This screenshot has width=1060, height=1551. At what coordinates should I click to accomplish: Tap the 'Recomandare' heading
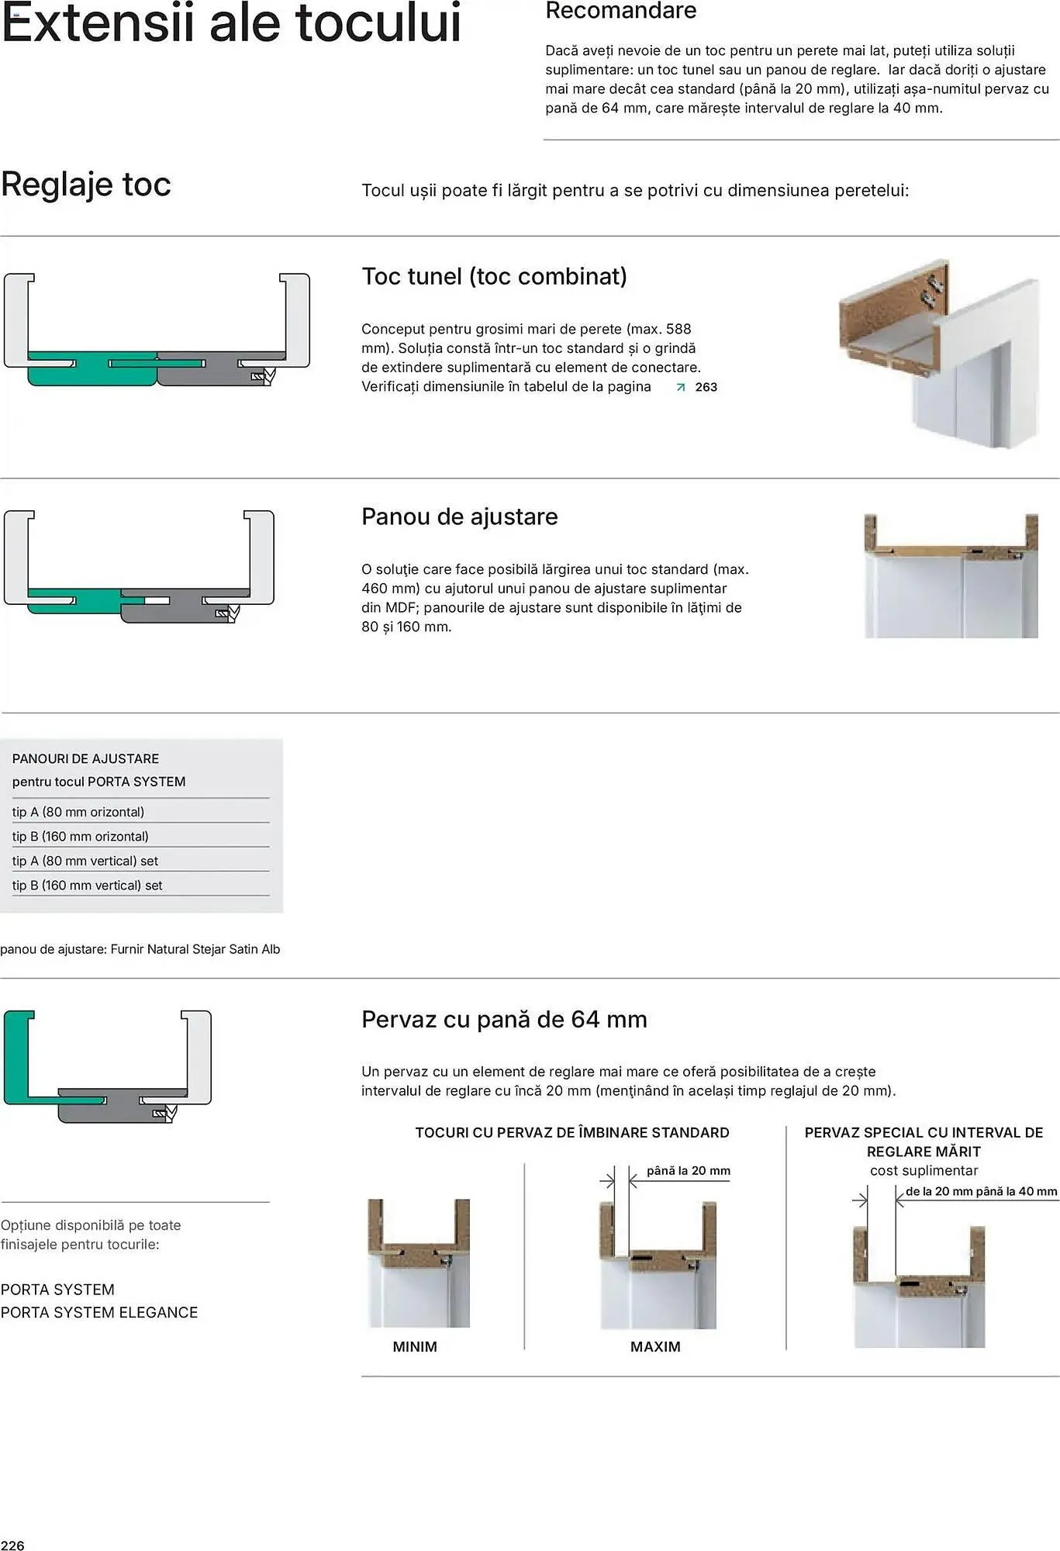620,11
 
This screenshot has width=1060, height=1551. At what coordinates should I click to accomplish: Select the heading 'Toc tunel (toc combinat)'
494,276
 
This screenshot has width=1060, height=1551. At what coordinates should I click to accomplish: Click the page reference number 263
706,387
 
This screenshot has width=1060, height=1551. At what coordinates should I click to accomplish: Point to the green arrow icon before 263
681,387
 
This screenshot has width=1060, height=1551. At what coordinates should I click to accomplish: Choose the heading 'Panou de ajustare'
459,516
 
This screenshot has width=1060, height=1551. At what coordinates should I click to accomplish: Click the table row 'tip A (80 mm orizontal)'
78,812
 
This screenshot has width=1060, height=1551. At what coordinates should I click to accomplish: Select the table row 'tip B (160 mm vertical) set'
87,885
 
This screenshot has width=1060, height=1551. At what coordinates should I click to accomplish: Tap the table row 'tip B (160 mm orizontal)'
80,836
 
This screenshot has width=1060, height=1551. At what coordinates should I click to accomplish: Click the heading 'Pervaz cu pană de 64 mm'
504,1019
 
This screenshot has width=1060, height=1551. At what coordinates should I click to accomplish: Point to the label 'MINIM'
415,1347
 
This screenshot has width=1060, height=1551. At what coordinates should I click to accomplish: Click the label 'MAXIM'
655,1347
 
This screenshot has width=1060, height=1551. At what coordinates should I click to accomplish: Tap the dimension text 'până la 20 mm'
688,1171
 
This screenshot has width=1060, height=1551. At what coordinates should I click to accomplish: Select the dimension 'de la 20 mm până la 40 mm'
981,1191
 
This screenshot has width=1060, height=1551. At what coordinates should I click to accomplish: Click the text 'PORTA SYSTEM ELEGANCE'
99,1312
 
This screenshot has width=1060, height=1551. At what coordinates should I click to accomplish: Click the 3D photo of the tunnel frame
939,353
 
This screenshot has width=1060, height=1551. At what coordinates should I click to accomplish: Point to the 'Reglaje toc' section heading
85,185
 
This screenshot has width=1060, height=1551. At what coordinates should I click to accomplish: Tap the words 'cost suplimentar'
924,1170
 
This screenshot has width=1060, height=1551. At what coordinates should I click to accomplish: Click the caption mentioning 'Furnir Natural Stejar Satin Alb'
140,949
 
